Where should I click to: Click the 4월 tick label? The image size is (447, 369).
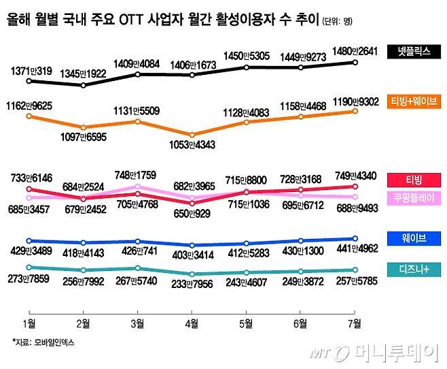192,321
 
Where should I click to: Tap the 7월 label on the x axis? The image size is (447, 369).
355,321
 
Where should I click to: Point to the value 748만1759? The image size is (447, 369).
138,174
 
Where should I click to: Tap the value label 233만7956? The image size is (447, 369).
192,286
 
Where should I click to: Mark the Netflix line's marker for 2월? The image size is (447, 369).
83,86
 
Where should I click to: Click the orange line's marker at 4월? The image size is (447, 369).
192,134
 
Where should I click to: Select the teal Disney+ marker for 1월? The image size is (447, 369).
29,268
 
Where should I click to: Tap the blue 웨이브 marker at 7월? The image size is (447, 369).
355,239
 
